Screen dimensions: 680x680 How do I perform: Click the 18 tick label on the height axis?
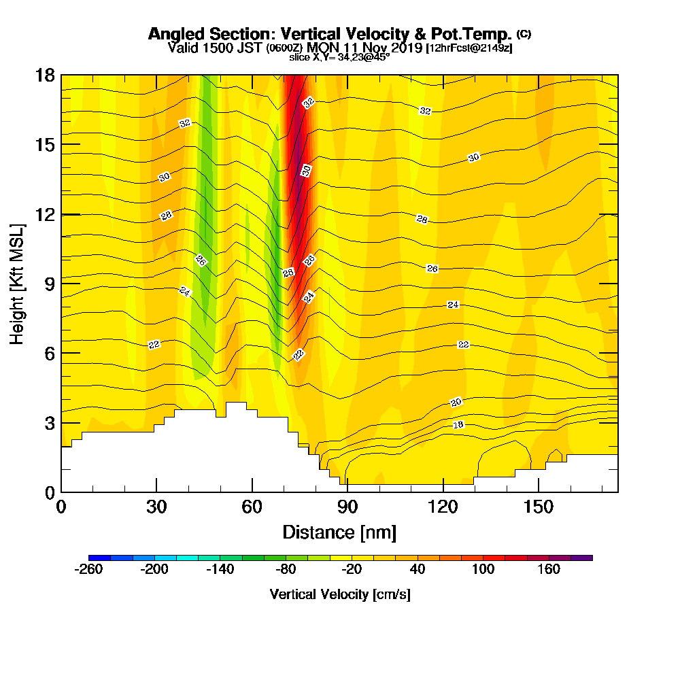45,75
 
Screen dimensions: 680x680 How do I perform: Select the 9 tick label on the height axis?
48,284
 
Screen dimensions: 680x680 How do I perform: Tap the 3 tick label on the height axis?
48,423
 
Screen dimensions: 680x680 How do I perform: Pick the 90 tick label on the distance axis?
347,507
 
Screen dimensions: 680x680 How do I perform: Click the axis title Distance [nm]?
339,532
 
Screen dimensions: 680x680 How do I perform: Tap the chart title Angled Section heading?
330,34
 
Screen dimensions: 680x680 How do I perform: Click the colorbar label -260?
88,569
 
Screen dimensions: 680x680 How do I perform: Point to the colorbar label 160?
549,569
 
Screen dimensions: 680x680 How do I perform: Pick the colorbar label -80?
286,569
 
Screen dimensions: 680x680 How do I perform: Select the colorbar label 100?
483,569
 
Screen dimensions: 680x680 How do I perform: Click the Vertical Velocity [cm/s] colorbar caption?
340,594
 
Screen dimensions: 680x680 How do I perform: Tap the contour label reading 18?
458,425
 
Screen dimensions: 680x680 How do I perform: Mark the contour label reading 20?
456,402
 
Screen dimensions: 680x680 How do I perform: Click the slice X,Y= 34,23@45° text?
339,58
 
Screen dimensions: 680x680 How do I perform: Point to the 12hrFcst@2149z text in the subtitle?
469,48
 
